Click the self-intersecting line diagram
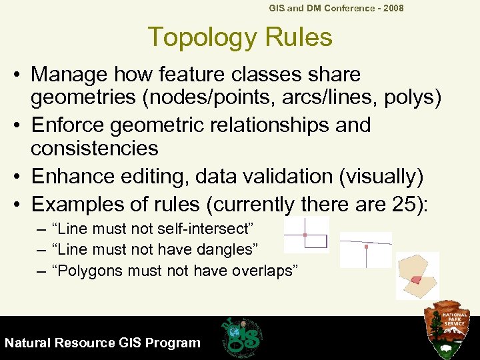tap(307, 235)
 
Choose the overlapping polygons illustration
tap(417, 275)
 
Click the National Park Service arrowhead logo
tap(451, 329)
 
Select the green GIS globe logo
tap(241, 335)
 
